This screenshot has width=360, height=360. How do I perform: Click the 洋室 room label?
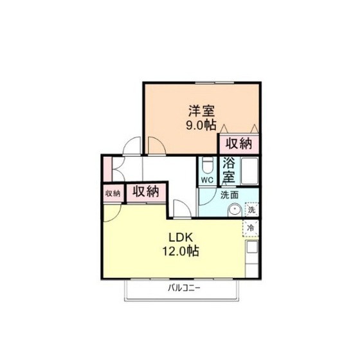(x=201, y=111)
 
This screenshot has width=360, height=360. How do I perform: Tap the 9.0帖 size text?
(x=201, y=125)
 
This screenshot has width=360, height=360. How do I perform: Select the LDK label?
(x=181, y=238)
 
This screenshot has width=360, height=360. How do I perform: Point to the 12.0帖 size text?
(x=181, y=251)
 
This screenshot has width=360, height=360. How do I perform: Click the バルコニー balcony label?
(x=184, y=288)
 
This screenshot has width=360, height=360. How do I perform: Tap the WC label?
(x=207, y=180)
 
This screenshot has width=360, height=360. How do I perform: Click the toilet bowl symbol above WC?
(x=208, y=166)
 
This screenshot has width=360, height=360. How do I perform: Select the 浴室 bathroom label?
(x=229, y=170)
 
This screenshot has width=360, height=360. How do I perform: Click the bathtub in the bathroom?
(x=249, y=170)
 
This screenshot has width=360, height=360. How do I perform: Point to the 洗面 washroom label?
(x=230, y=195)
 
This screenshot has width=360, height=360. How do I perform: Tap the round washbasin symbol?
(x=235, y=210)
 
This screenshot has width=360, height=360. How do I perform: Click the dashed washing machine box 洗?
(x=251, y=210)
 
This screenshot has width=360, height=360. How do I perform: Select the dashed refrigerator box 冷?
(x=251, y=228)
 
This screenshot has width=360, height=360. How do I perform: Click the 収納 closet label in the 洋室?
(x=239, y=144)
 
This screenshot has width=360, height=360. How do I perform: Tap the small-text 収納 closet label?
(x=113, y=194)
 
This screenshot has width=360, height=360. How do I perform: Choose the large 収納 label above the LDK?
(x=146, y=192)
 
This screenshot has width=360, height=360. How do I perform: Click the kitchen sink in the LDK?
(x=252, y=247)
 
